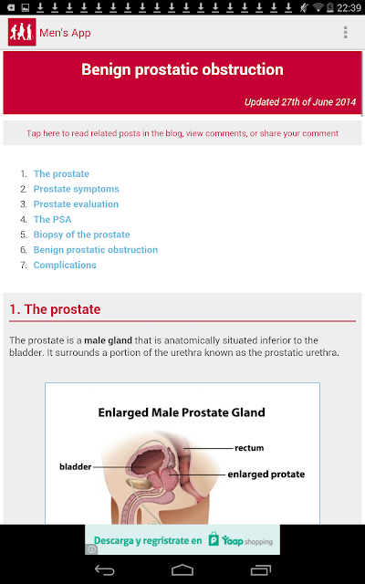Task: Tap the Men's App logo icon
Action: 22,32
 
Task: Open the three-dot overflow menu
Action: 345,33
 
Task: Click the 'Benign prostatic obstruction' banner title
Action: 182,69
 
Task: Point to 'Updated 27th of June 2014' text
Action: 300,102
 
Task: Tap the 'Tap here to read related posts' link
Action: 182,133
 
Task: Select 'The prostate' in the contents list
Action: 61,174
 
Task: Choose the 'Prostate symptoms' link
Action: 77,189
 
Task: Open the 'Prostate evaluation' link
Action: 76,204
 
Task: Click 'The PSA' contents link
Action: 53,219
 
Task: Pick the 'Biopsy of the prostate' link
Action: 81,235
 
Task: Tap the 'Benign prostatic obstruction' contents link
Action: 96,249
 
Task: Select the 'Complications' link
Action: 65,265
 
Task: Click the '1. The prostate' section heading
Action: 55,309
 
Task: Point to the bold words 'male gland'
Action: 108,340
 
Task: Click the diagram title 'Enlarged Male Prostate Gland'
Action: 182,412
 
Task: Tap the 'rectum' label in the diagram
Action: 249,448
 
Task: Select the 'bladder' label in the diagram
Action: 75,466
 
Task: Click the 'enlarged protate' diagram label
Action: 266,474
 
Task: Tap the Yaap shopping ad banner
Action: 182,539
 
